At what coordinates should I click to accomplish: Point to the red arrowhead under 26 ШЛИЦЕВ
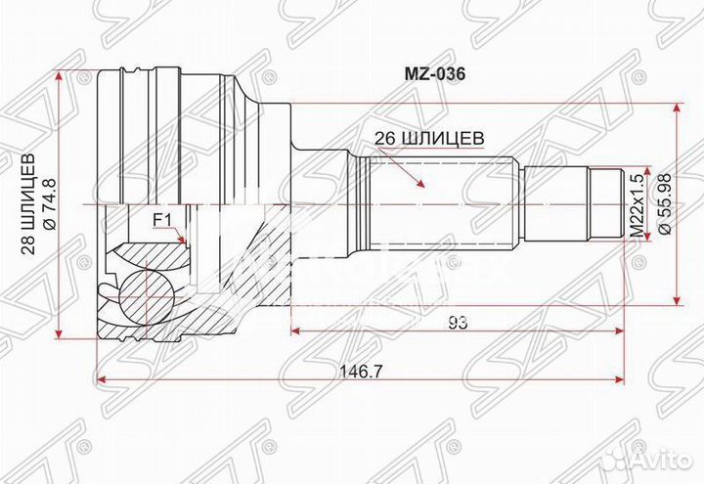coord(420,184)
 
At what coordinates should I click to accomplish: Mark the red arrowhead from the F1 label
coord(182,240)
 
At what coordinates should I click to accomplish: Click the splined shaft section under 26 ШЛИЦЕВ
coord(440,204)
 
